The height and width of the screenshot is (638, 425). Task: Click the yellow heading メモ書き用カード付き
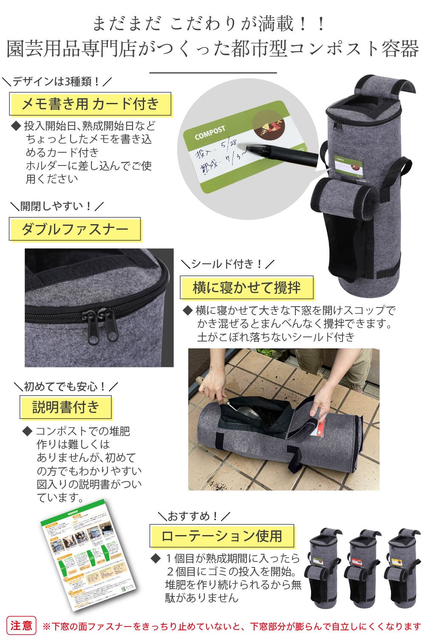point(90,104)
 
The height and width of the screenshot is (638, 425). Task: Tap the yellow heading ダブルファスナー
point(75,229)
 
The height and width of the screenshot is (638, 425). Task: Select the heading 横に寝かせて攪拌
point(246,288)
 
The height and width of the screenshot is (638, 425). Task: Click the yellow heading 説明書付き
point(66,407)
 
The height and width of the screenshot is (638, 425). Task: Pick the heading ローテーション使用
point(222,536)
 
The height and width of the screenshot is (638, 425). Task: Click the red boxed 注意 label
point(21,626)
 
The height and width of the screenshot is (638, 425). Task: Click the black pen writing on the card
point(280,153)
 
